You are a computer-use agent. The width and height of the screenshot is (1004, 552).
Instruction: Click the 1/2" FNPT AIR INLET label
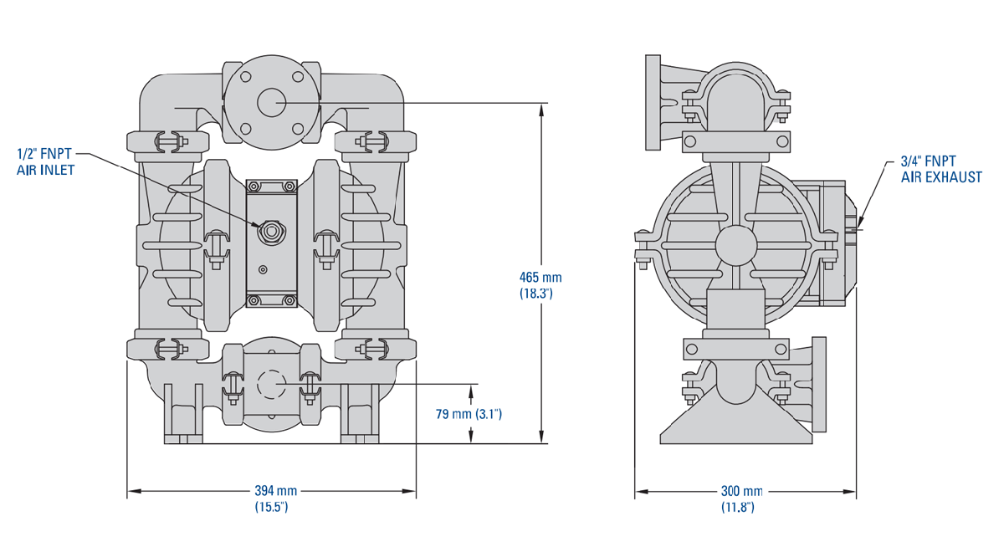46,161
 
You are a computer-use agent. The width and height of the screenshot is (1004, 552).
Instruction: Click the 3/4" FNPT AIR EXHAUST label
940,169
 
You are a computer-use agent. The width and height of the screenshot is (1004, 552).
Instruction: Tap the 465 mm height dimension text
540,278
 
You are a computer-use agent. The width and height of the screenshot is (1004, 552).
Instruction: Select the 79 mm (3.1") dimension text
469,414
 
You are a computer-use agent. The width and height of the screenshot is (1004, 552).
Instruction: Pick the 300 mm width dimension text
741,491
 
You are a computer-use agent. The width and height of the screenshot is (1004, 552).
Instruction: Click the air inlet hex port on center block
271,230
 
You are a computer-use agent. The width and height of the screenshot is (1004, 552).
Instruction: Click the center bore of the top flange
271,102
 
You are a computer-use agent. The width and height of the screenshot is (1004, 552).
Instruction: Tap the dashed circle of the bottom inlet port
271,384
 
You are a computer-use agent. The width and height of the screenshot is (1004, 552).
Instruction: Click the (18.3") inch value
540,294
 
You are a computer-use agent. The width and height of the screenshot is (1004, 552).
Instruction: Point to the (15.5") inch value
271,507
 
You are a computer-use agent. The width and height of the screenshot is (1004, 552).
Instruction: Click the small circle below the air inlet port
264,269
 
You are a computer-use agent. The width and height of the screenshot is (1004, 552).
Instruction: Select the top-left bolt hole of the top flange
245,76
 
